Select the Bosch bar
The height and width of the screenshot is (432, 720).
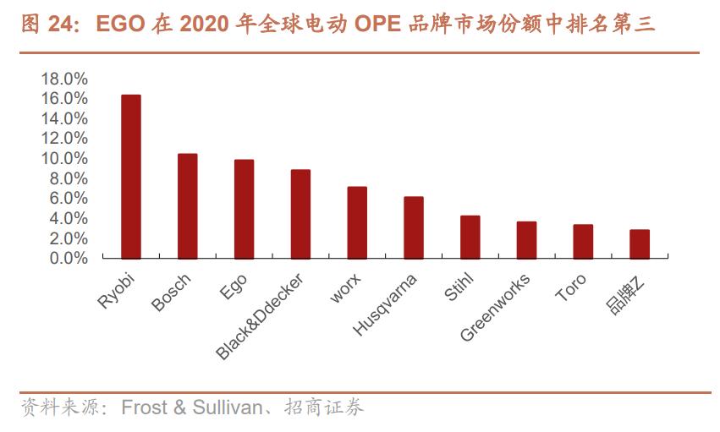click(x=188, y=205)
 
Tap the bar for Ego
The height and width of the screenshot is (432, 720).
click(x=244, y=209)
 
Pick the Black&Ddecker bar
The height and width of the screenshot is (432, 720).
click(x=300, y=214)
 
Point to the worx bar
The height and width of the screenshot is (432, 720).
click(x=357, y=222)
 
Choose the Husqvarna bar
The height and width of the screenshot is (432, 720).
click(x=414, y=227)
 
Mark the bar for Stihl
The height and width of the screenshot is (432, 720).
click(x=470, y=237)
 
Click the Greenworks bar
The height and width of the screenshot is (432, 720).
click(x=526, y=240)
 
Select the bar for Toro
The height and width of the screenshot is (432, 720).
click(x=583, y=241)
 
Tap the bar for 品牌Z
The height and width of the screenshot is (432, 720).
click(x=640, y=243)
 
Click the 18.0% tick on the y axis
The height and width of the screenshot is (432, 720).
click(x=64, y=79)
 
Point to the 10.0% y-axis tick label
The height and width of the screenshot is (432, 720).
click(x=64, y=159)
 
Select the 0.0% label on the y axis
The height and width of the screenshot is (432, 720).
click(x=68, y=259)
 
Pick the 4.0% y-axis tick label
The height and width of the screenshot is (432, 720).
click(x=68, y=219)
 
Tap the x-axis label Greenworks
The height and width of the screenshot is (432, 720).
click(x=496, y=307)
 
